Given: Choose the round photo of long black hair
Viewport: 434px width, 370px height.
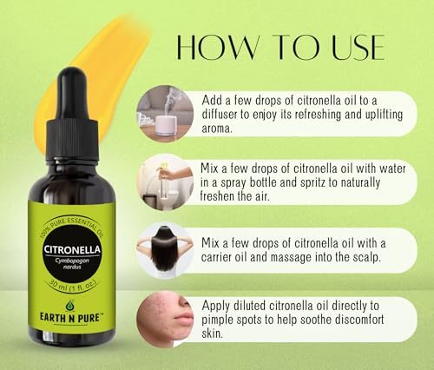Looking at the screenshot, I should [x=162, y=251].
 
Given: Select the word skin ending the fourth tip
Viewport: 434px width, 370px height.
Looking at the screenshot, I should [x=212, y=336].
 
